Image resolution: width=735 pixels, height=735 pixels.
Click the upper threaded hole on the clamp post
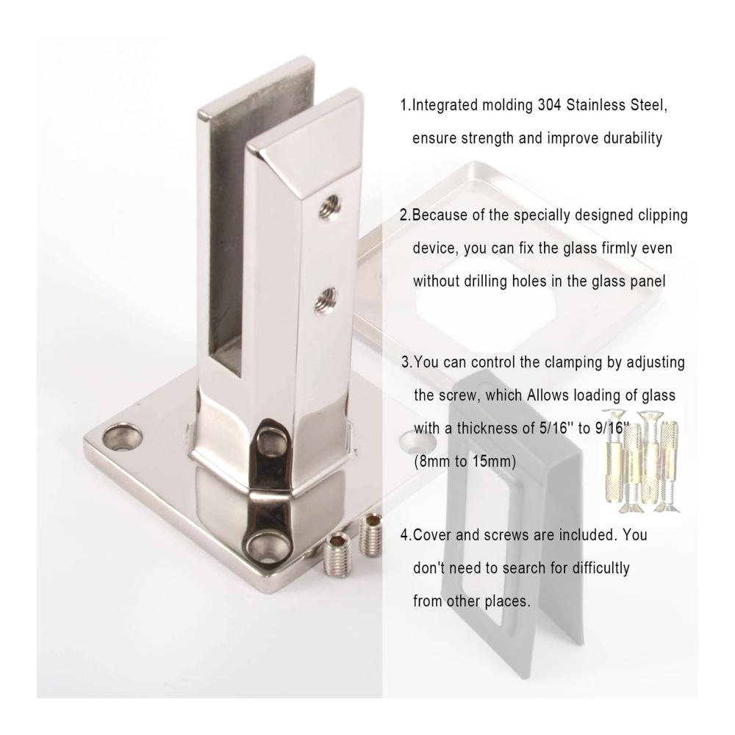pyautogui.click(x=329, y=207)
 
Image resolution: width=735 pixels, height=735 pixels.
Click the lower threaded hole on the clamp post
pyautogui.click(x=328, y=300)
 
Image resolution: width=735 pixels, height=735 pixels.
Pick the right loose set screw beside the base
pyautogui.click(x=370, y=535)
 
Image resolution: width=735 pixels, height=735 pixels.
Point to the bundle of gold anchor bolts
pyautogui.click(x=641, y=462)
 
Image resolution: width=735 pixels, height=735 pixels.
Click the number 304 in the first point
pyautogui.click(x=549, y=105)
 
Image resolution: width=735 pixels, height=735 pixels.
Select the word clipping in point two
pyautogui.click(x=663, y=215)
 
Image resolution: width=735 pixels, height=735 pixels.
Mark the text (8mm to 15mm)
pyautogui.click(x=465, y=462)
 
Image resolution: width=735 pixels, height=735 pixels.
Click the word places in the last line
pyautogui.click(x=506, y=601)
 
